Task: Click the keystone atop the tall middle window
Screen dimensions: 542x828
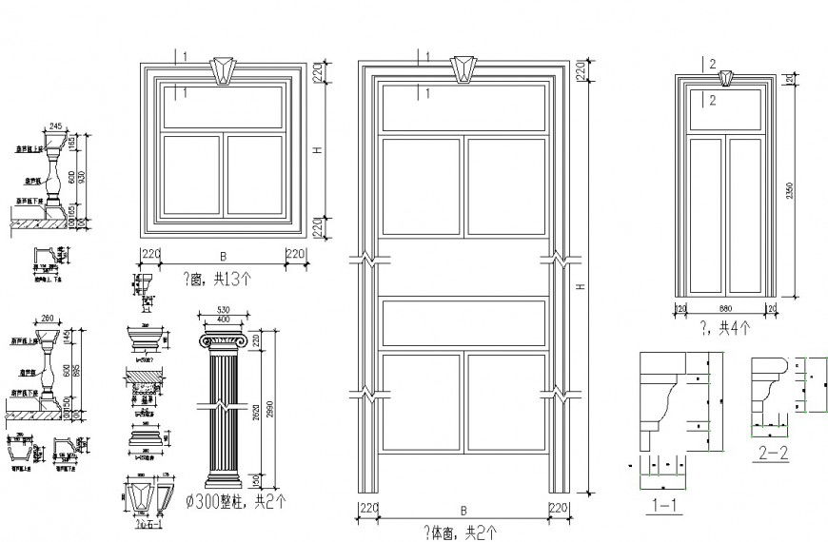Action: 463,68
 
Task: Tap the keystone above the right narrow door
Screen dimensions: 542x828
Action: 726,77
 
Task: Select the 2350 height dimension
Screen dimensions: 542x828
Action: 789,191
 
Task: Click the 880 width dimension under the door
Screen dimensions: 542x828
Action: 726,308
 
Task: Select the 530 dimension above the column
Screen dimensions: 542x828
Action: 224,310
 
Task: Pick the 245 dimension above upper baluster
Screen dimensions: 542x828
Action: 54,126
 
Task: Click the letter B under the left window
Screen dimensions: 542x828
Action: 223,256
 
